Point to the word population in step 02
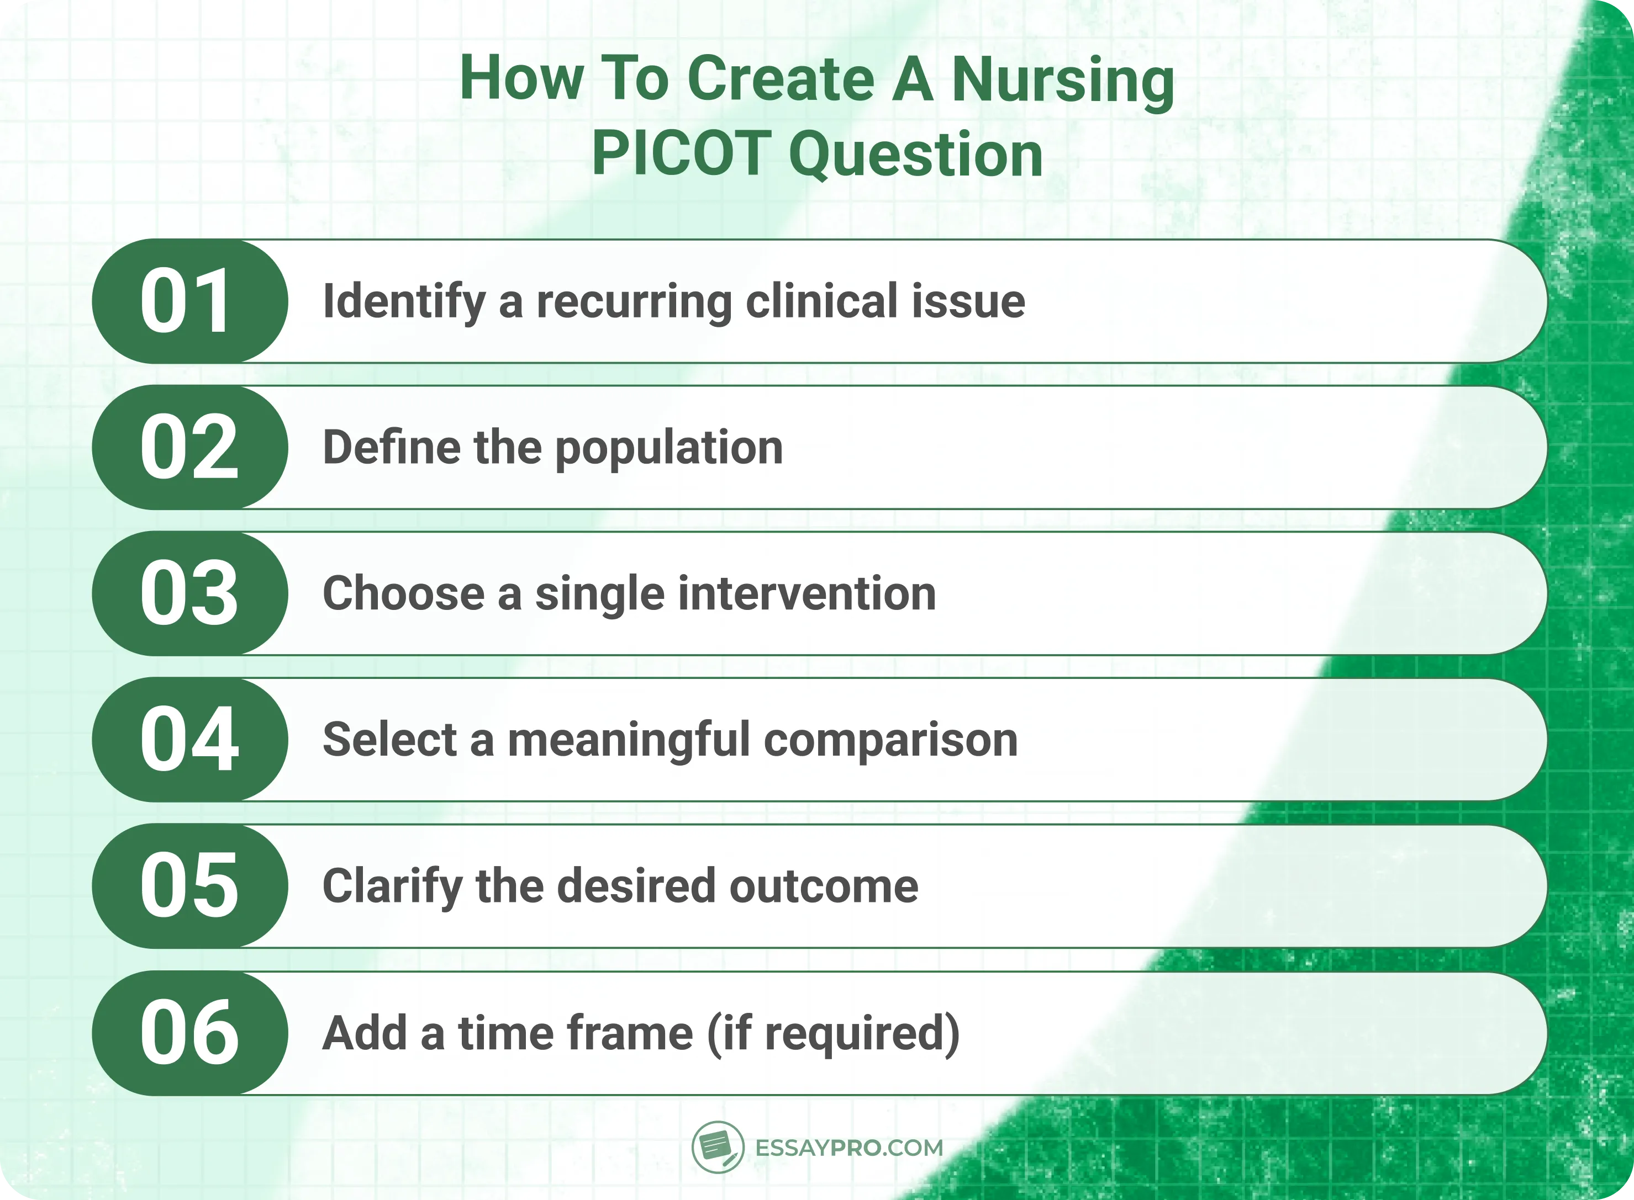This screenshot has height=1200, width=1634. tap(669, 449)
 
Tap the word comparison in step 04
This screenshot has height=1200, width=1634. tap(890, 741)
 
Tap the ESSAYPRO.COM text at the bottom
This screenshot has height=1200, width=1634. tap(849, 1148)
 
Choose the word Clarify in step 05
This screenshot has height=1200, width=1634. tap(392, 887)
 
